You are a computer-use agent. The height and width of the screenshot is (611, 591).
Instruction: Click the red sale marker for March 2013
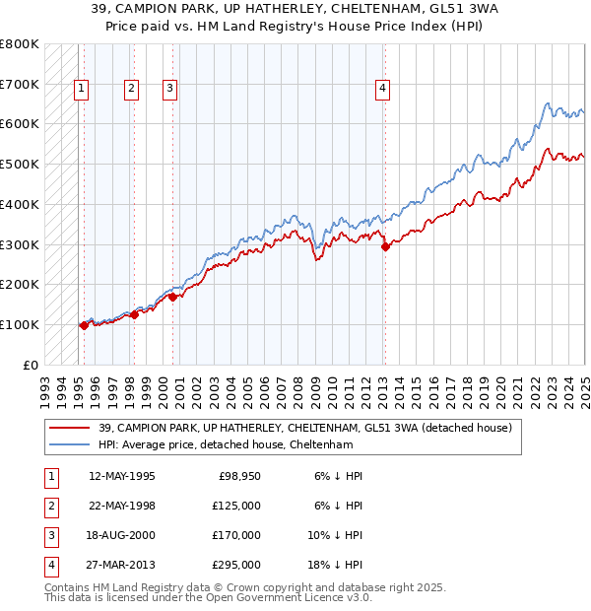(385, 246)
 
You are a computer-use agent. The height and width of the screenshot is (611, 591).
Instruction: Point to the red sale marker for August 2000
(172, 296)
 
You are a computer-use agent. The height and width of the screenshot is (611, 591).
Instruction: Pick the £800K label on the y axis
(20, 44)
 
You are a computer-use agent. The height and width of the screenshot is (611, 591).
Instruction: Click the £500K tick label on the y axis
(20, 165)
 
